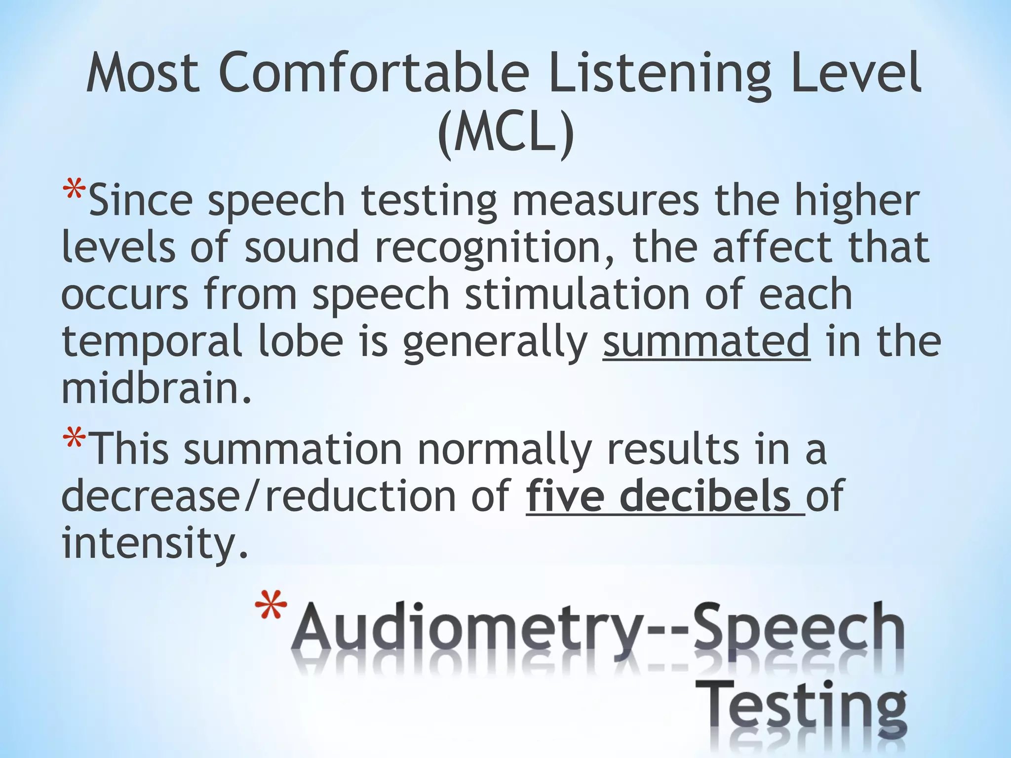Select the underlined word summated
(706, 341)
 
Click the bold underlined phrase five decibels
(664, 496)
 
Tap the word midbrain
(156, 388)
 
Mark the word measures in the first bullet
(605, 201)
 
